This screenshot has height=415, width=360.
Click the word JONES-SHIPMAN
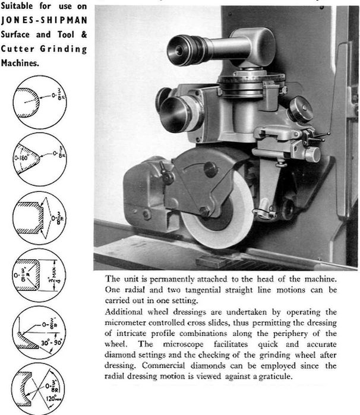44,20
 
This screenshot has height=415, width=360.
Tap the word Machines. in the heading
20,63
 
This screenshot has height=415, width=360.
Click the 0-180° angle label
22,159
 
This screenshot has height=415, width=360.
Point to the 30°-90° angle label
51,343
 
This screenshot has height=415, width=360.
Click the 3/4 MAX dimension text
53,275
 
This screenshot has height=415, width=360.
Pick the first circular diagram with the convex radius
40,102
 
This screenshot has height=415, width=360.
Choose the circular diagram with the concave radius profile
39,389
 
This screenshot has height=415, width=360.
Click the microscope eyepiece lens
179,50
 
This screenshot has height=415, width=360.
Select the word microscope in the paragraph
183,344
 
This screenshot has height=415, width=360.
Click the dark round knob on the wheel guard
211,169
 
